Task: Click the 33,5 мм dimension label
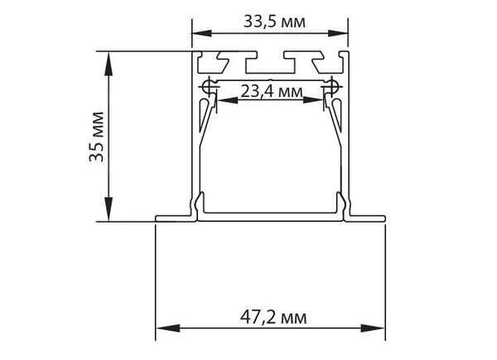[x=274, y=22]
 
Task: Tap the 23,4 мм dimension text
[x=272, y=92]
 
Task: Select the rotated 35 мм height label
[x=97, y=137]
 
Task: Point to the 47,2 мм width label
[x=273, y=317]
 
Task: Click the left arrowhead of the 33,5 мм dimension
[x=202, y=33]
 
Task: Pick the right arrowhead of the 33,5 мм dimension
[x=338, y=33]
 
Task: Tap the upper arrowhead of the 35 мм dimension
[x=109, y=64]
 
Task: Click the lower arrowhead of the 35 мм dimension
[x=109, y=209]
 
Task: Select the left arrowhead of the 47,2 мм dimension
[x=168, y=328]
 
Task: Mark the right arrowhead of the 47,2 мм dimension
[x=373, y=328]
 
